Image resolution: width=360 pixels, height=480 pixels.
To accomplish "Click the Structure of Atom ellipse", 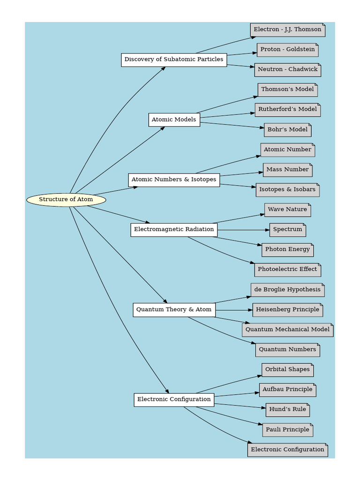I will (x=66, y=200).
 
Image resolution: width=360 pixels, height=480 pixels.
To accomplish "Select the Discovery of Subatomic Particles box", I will (x=174, y=60).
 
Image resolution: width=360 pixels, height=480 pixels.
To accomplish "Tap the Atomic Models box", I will (x=174, y=120).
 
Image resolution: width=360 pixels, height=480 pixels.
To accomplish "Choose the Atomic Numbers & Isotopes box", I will (x=174, y=180).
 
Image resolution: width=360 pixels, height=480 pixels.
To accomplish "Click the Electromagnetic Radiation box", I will (x=174, y=230).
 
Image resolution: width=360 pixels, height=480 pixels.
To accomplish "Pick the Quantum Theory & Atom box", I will (x=174, y=310).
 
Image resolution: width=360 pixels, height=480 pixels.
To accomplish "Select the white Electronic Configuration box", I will (x=174, y=400).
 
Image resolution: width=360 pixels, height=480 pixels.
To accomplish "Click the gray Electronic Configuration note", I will (x=287, y=450).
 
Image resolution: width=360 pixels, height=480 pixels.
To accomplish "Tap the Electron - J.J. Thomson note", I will (x=287, y=30).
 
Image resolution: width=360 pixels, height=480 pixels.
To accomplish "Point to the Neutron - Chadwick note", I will (x=287, y=70).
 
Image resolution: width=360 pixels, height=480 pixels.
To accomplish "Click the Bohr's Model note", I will (x=287, y=130).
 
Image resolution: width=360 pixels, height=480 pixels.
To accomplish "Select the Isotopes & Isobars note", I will (x=287, y=190).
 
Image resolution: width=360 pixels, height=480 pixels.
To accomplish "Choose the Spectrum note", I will (x=287, y=230).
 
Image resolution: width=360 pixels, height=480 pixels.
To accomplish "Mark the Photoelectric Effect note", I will (x=287, y=270).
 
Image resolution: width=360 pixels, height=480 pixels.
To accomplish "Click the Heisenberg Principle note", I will (x=287, y=310).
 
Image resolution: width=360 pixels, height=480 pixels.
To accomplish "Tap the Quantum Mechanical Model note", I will (x=287, y=330).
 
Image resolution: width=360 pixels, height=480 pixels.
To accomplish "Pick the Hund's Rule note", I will (x=287, y=410).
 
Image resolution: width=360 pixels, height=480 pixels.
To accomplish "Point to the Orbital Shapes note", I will (x=287, y=370).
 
